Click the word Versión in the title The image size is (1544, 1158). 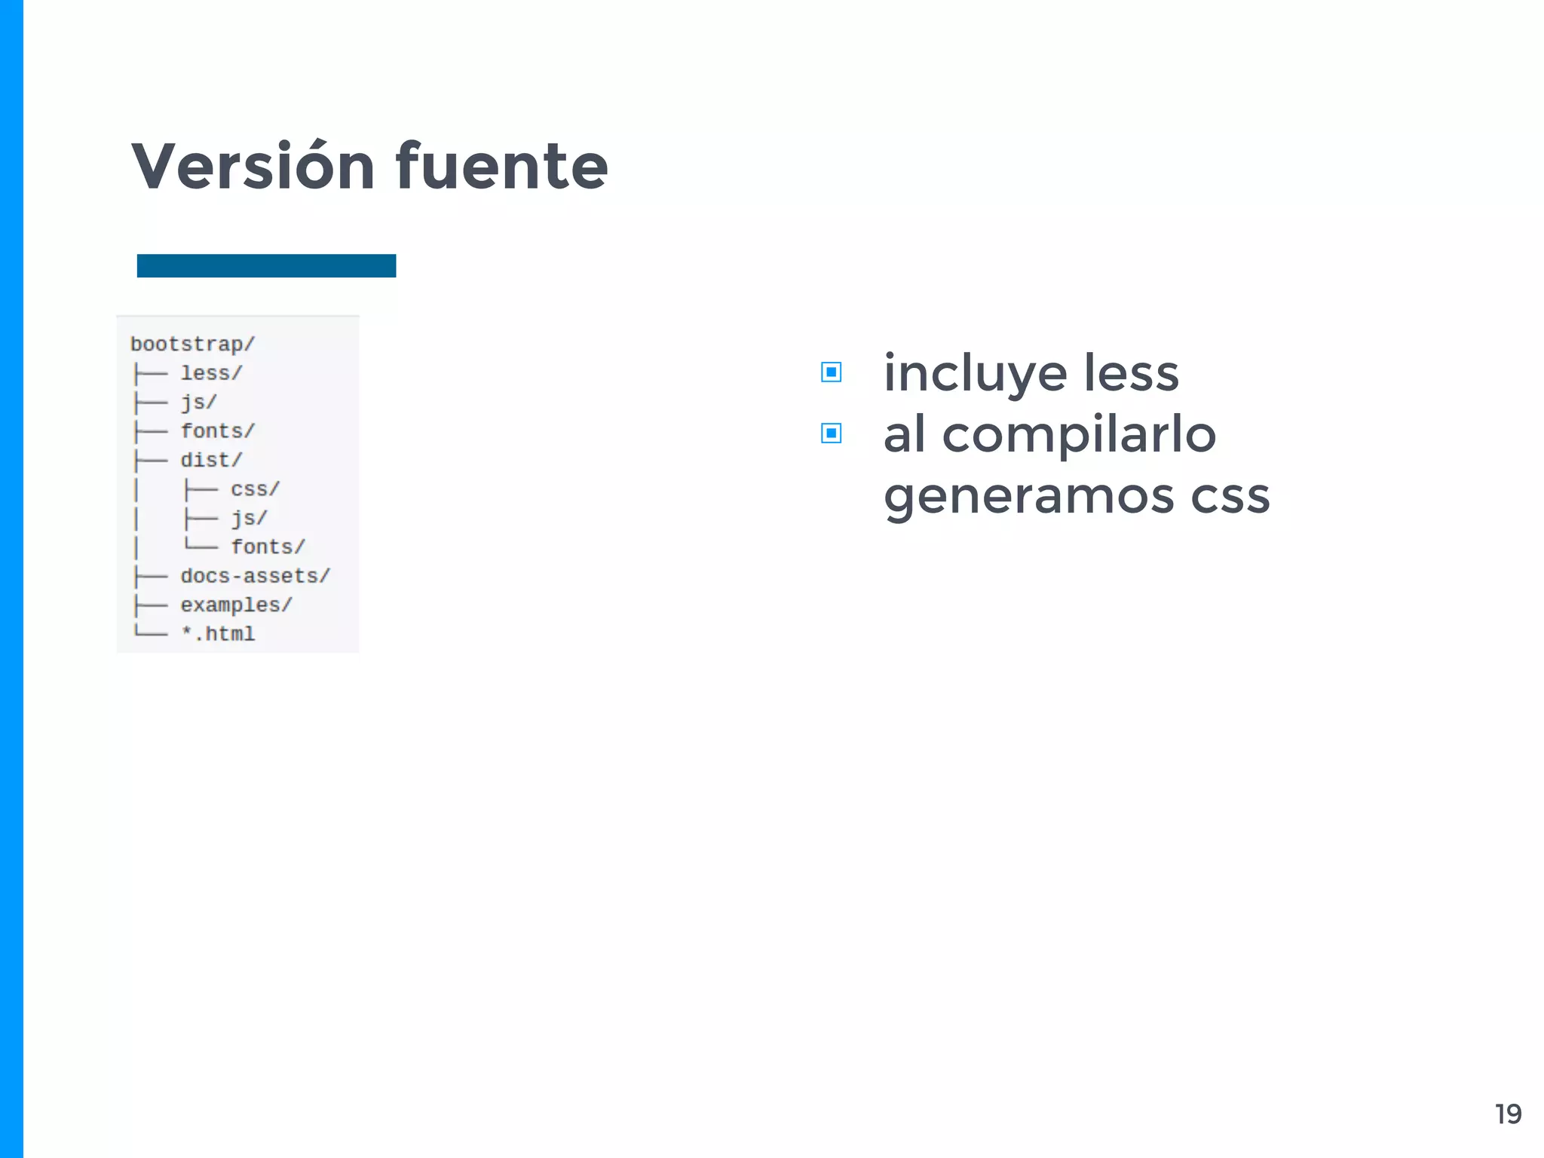253,167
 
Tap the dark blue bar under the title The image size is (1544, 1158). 266,266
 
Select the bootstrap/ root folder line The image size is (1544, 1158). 193,345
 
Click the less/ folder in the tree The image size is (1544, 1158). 211,373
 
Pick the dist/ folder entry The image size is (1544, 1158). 211,460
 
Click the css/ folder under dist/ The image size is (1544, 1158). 255,489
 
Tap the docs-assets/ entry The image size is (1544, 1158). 255,576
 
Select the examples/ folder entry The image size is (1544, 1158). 236,605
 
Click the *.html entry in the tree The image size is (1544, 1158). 218,634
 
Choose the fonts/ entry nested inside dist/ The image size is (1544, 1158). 268,547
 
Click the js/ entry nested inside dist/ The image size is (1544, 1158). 249,519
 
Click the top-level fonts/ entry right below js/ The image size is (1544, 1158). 217,431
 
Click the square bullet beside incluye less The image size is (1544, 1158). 831,372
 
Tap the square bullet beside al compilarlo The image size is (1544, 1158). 831,433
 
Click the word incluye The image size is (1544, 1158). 976,375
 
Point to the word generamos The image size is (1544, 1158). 1028,498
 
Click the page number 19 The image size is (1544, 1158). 1508,1114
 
